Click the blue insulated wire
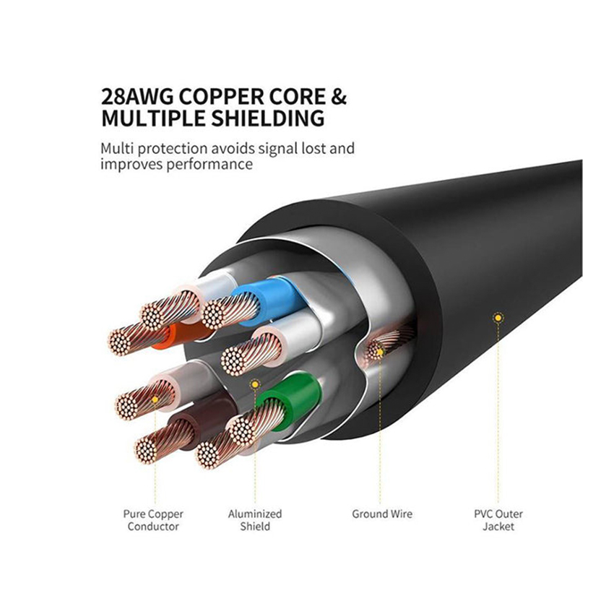[267, 301]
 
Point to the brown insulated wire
[196, 423]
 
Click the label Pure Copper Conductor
[153, 520]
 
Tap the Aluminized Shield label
[255, 519]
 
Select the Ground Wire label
[382, 514]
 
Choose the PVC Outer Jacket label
[498, 520]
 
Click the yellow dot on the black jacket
[498, 318]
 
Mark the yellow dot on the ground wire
[380, 352]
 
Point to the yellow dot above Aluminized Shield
[255, 384]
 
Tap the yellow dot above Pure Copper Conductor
[155, 399]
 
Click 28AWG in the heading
[137, 97]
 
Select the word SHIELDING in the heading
[268, 118]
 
